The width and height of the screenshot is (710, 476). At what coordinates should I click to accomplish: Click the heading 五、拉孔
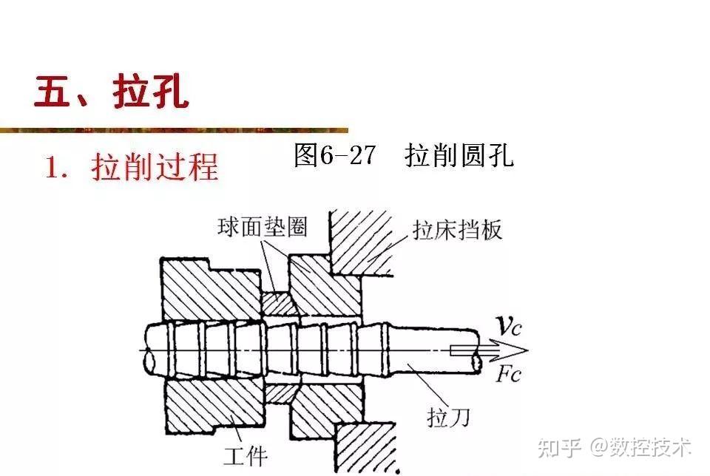(x=111, y=92)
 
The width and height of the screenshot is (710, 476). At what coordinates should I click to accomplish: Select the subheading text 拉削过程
(x=155, y=168)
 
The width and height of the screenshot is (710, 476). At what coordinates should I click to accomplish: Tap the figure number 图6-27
(x=334, y=155)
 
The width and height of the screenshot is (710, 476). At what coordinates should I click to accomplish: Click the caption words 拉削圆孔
(x=459, y=155)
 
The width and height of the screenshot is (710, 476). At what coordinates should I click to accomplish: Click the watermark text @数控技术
(x=640, y=446)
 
